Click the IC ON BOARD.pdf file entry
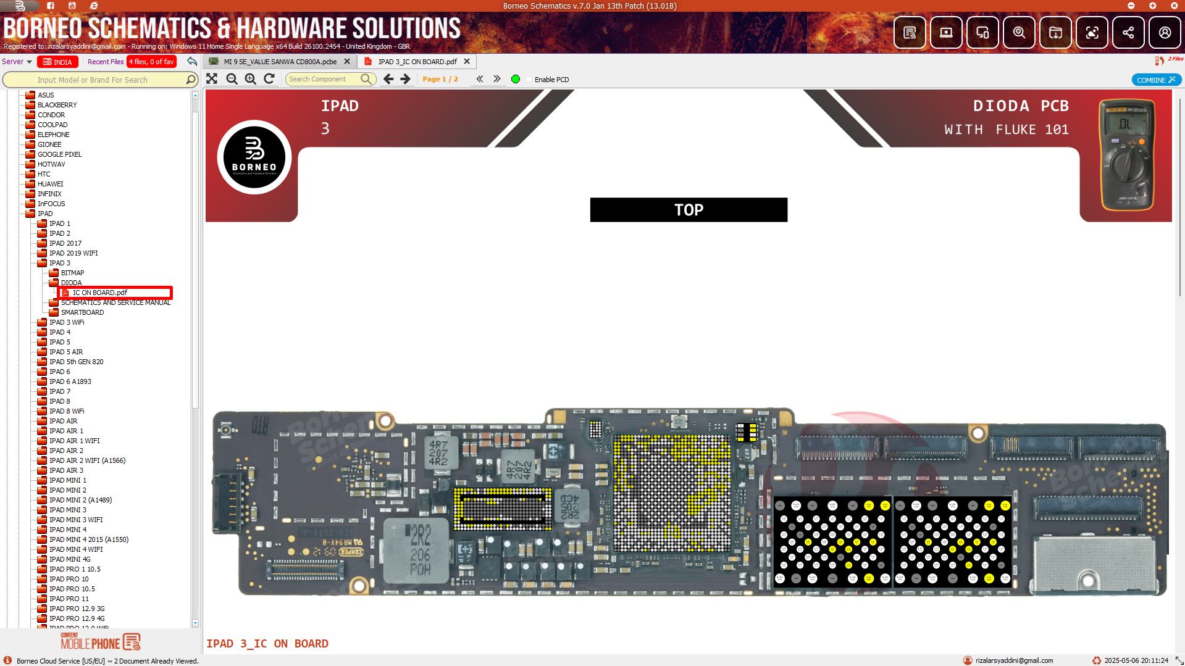[100, 293]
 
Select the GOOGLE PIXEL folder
[59, 154]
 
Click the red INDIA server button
[57, 62]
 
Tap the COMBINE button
[1155, 80]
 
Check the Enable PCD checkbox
[529, 80]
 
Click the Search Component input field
[323, 79]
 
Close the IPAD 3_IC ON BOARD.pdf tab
[467, 62]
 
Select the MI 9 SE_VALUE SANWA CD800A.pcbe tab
[279, 62]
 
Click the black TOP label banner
[688, 210]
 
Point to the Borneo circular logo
[254, 157]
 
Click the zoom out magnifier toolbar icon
[232, 79]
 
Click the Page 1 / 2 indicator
[440, 79]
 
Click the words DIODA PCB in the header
[1020, 106]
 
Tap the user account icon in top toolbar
[1164, 33]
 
